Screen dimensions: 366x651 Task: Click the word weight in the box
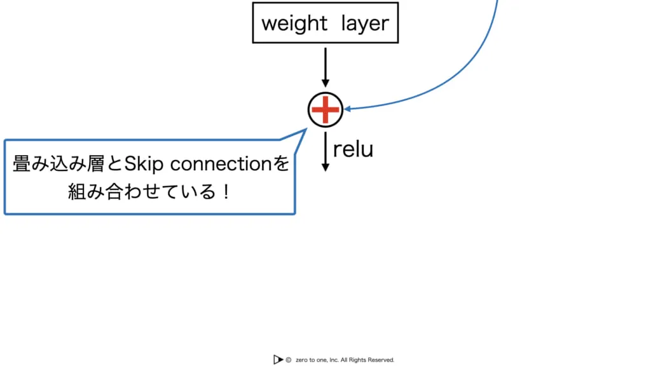click(x=294, y=24)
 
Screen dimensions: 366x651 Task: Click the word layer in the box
click(x=364, y=24)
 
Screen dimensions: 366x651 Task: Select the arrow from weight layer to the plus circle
click(x=325, y=67)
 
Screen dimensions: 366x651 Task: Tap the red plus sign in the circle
click(x=325, y=110)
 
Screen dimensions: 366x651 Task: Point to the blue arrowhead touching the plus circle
click(x=348, y=109)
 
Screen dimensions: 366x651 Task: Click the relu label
click(x=353, y=149)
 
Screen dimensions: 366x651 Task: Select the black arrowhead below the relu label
click(x=325, y=167)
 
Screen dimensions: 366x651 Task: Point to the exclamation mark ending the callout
click(x=227, y=192)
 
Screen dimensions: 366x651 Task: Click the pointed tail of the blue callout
click(x=303, y=131)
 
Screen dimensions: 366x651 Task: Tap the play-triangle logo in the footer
click(x=278, y=360)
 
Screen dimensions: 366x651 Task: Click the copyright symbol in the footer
click(x=289, y=360)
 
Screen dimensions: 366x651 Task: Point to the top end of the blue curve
click(x=496, y=2)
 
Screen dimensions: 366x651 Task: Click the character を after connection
click(x=281, y=165)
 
